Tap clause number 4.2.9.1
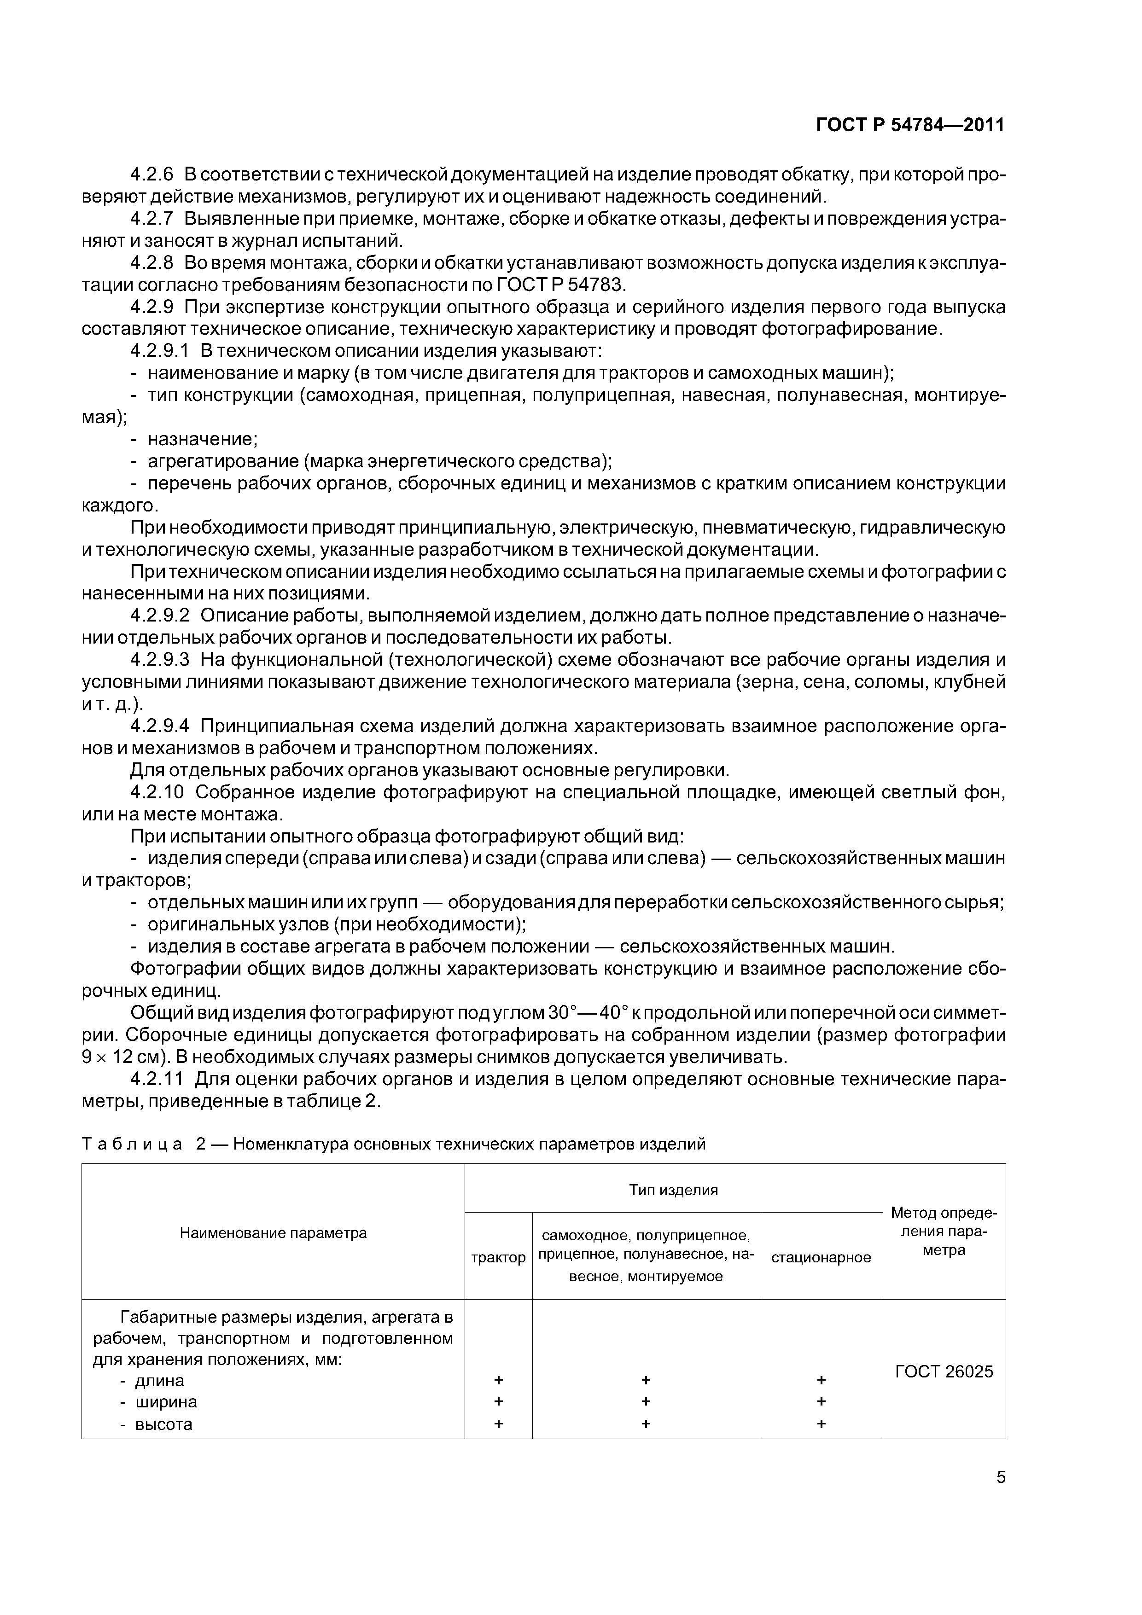tap(160, 350)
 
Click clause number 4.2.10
tap(157, 793)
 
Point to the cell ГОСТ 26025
tap(944, 1371)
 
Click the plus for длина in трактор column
tap(498, 1381)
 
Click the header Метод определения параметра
tap(944, 1231)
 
